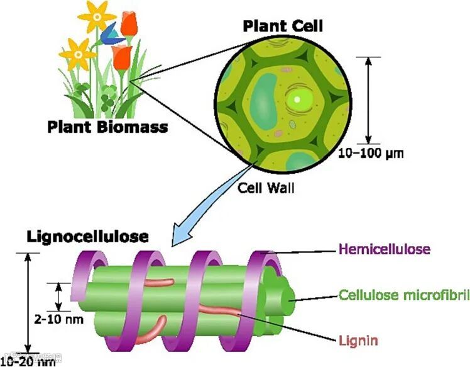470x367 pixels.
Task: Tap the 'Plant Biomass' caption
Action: click(x=108, y=127)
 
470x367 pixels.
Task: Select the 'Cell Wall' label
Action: click(x=266, y=187)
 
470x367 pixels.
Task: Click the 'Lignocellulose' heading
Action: click(x=87, y=237)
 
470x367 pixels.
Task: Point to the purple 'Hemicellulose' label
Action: click(x=384, y=249)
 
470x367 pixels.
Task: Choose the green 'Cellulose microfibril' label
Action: click(x=403, y=295)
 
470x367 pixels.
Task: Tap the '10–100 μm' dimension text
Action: click(x=371, y=153)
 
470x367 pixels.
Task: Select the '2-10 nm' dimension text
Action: click(x=57, y=319)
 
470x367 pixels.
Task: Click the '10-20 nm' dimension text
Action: click(x=28, y=361)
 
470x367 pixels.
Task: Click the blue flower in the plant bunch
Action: click(x=111, y=32)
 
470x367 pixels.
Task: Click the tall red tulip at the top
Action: click(x=129, y=24)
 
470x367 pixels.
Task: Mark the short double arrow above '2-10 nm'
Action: click(x=59, y=296)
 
